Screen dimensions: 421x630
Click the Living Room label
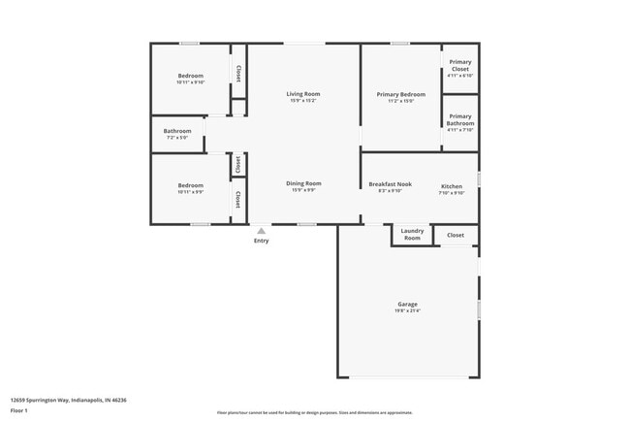(302, 93)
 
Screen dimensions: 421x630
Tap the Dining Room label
(303, 183)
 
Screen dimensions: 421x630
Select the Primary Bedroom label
(400, 94)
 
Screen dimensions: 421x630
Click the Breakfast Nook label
(390, 184)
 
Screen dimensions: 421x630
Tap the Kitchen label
(452, 185)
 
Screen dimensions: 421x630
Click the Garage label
(407, 304)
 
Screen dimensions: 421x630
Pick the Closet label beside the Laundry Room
(455, 235)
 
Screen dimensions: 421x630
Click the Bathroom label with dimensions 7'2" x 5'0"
(177, 131)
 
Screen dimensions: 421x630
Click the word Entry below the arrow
(261, 241)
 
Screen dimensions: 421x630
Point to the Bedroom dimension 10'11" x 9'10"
(190, 82)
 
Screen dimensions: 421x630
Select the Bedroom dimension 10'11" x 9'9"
(190, 192)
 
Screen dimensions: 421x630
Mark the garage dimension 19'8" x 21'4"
(407, 311)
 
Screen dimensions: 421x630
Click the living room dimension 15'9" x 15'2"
(302, 100)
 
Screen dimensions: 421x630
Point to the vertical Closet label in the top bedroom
(238, 73)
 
